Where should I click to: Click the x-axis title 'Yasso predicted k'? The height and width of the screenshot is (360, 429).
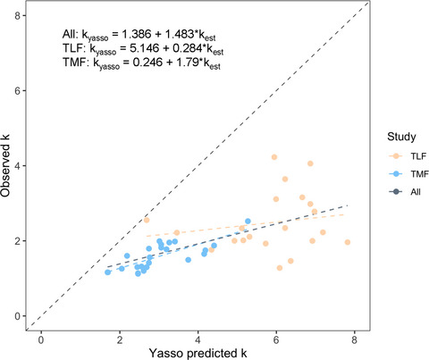point(201,350)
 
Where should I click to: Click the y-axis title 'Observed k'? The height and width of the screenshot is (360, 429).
point(10,166)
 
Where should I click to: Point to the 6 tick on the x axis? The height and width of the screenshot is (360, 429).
point(276,333)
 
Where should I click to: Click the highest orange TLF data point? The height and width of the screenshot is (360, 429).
point(274,157)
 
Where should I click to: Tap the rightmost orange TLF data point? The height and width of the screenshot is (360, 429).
point(348,242)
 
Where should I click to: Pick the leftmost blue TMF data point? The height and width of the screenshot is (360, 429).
point(107,272)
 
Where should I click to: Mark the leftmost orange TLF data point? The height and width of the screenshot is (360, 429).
point(147,220)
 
